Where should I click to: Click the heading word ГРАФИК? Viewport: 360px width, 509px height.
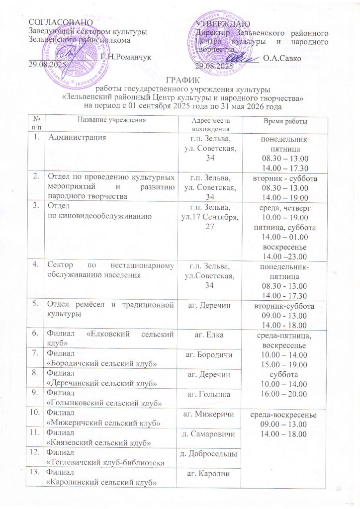click(180, 81)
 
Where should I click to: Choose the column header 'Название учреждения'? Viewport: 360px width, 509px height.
click(111, 121)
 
